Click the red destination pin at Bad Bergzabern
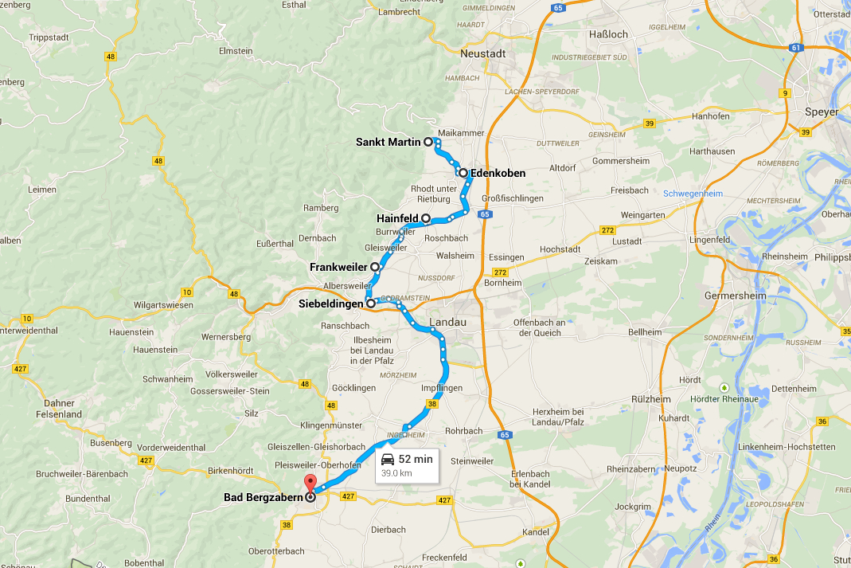pyautogui.click(x=310, y=484)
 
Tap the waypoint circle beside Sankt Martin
pyautogui.click(x=428, y=142)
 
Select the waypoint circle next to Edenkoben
pyautogui.click(x=463, y=172)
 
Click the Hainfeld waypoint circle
pyautogui.click(x=426, y=217)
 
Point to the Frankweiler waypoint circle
pyautogui.click(x=375, y=266)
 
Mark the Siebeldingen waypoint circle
pyautogui.click(x=370, y=303)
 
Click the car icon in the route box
pyautogui.click(x=388, y=459)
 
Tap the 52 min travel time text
pyautogui.click(x=416, y=459)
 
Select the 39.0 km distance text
pyautogui.click(x=396, y=472)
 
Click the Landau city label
pyautogui.click(x=449, y=322)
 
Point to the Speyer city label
pyautogui.click(x=822, y=112)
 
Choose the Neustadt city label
pyautogui.click(x=483, y=53)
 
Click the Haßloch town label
pyautogui.click(x=607, y=34)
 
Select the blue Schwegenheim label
pyautogui.click(x=693, y=194)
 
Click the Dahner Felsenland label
pyautogui.click(x=59, y=409)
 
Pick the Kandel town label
pyautogui.click(x=535, y=531)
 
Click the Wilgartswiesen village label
pyautogui.click(x=164, y=304)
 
